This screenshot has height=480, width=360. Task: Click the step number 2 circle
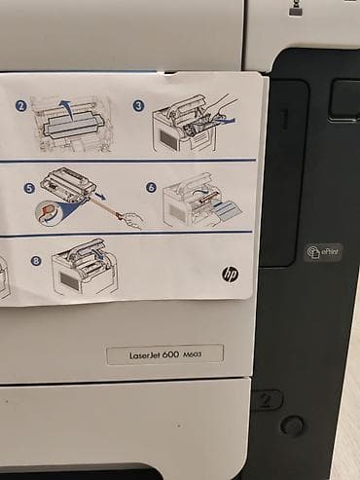tap(20, 105)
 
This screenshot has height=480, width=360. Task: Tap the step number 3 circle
tap(138, 104)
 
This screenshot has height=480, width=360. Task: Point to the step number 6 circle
tap(151, 187)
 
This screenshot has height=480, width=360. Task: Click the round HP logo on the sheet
tap(229, 276)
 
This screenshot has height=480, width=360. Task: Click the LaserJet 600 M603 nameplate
tap(164, 354)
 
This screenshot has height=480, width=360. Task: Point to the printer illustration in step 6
tap(195, 202)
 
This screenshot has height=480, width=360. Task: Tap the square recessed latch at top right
tap(343, 100)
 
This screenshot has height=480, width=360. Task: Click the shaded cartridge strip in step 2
tap(67, 126)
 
